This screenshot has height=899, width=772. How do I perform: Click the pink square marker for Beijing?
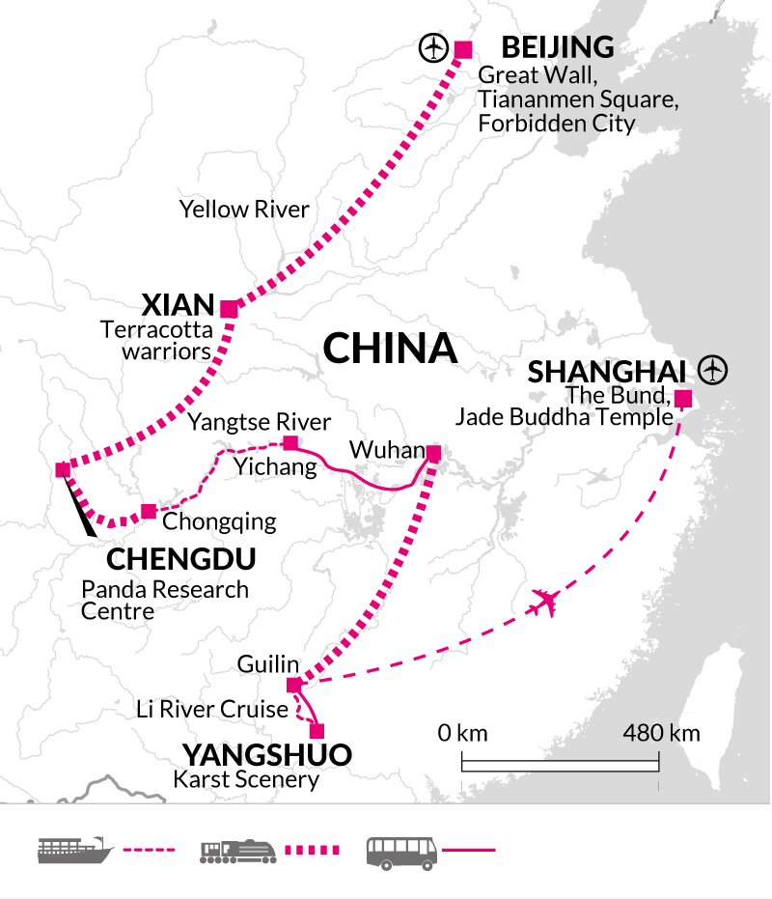pos(463,50)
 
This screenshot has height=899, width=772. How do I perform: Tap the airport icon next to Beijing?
pos(433,47)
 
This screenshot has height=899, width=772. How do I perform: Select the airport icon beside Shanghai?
pos(713,369)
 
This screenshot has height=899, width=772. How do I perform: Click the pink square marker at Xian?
pos(229,309)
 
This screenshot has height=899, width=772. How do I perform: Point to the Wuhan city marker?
pos(433,453)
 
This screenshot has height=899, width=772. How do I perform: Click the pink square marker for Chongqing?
pos(148,511)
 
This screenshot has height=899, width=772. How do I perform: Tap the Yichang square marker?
pos(289,443)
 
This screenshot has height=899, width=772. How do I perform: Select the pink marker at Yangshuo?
pos(317,731)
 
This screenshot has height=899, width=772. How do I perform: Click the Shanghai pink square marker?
pos(682,398)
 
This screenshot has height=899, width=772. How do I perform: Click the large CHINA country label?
pos(390,349)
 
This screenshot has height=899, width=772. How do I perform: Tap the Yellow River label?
pos(244,209)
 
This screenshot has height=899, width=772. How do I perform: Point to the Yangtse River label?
pos(260,422)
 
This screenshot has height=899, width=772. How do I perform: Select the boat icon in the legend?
pos(69,851)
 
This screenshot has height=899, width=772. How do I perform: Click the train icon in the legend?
pos(238,851)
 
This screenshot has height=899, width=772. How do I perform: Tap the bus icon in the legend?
pos(400,851)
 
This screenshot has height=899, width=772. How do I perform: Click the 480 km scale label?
pos(661,733)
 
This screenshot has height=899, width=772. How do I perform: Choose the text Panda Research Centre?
pos(165,600)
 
